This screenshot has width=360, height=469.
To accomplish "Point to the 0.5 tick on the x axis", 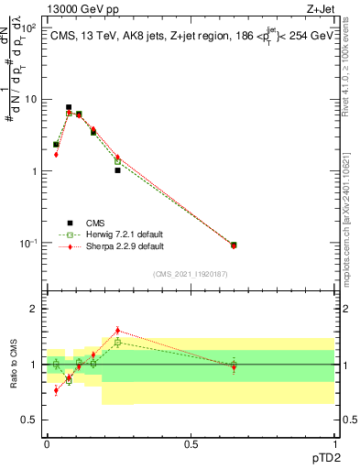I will point(191,442).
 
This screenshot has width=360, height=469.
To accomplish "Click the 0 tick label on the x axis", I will point(47,442).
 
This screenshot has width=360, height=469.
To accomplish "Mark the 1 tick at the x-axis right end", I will point(333,442).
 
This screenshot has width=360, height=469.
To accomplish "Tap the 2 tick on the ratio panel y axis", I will point(38,310).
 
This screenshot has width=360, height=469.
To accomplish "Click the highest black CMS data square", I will point(69,107).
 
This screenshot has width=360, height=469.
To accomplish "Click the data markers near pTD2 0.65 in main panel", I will point(234,245).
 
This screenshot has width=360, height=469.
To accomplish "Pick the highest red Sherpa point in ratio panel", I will point(117,331).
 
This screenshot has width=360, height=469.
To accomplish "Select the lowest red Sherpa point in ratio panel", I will point(56,390).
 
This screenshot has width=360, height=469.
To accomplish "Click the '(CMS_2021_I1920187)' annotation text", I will point(190,273).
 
